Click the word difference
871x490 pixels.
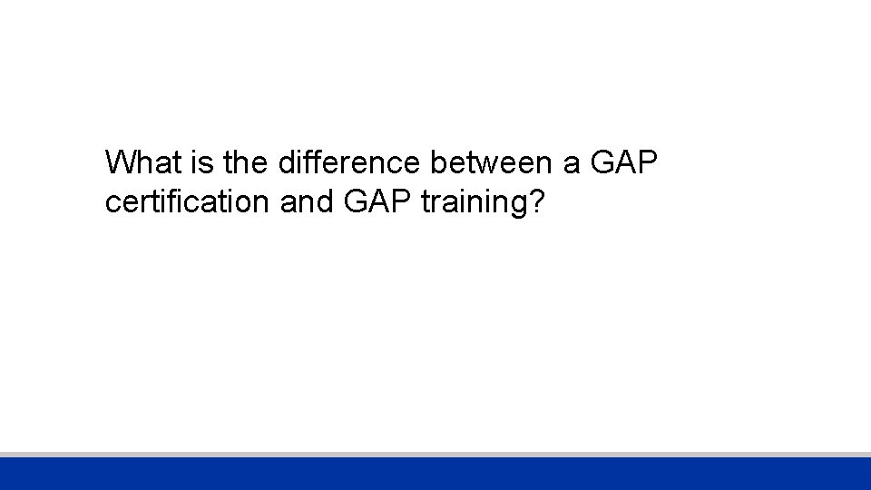tap(350, 163)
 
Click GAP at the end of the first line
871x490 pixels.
tap(623, 163)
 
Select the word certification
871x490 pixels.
tap(188, 201)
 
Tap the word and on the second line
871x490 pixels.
tap(308, 201)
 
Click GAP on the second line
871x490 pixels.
tap(378, 201)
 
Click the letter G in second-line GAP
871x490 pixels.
tap(357, 201)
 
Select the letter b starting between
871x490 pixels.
tap(438, 163)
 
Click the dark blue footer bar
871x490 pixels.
tap(435, 474)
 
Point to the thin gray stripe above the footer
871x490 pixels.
tap(435, 454)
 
